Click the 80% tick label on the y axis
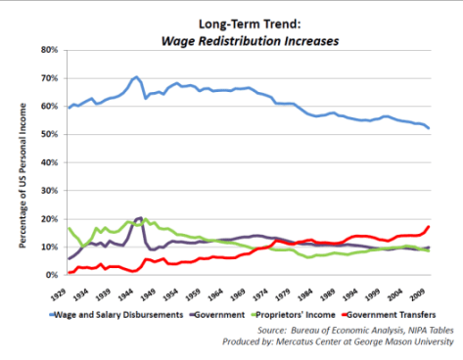click(49, 50)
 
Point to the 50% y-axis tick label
click(49, 134)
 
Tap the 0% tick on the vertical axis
click(52, 275)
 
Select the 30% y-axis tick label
click(49, 191)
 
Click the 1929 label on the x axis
click(60, 294)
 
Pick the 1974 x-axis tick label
click(261, 294)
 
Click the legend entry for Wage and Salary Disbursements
click(116, 315)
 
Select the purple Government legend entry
click(217, 315)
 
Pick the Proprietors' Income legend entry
click(293, 315)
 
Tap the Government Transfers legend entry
click(389, 315)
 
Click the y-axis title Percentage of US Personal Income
click(23, 175)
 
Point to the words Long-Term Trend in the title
click(250, 24)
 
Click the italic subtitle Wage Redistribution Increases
click(251, 41)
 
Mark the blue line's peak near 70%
click(136, 77)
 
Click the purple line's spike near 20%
click(140, 217)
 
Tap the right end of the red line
click(429, 226)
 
